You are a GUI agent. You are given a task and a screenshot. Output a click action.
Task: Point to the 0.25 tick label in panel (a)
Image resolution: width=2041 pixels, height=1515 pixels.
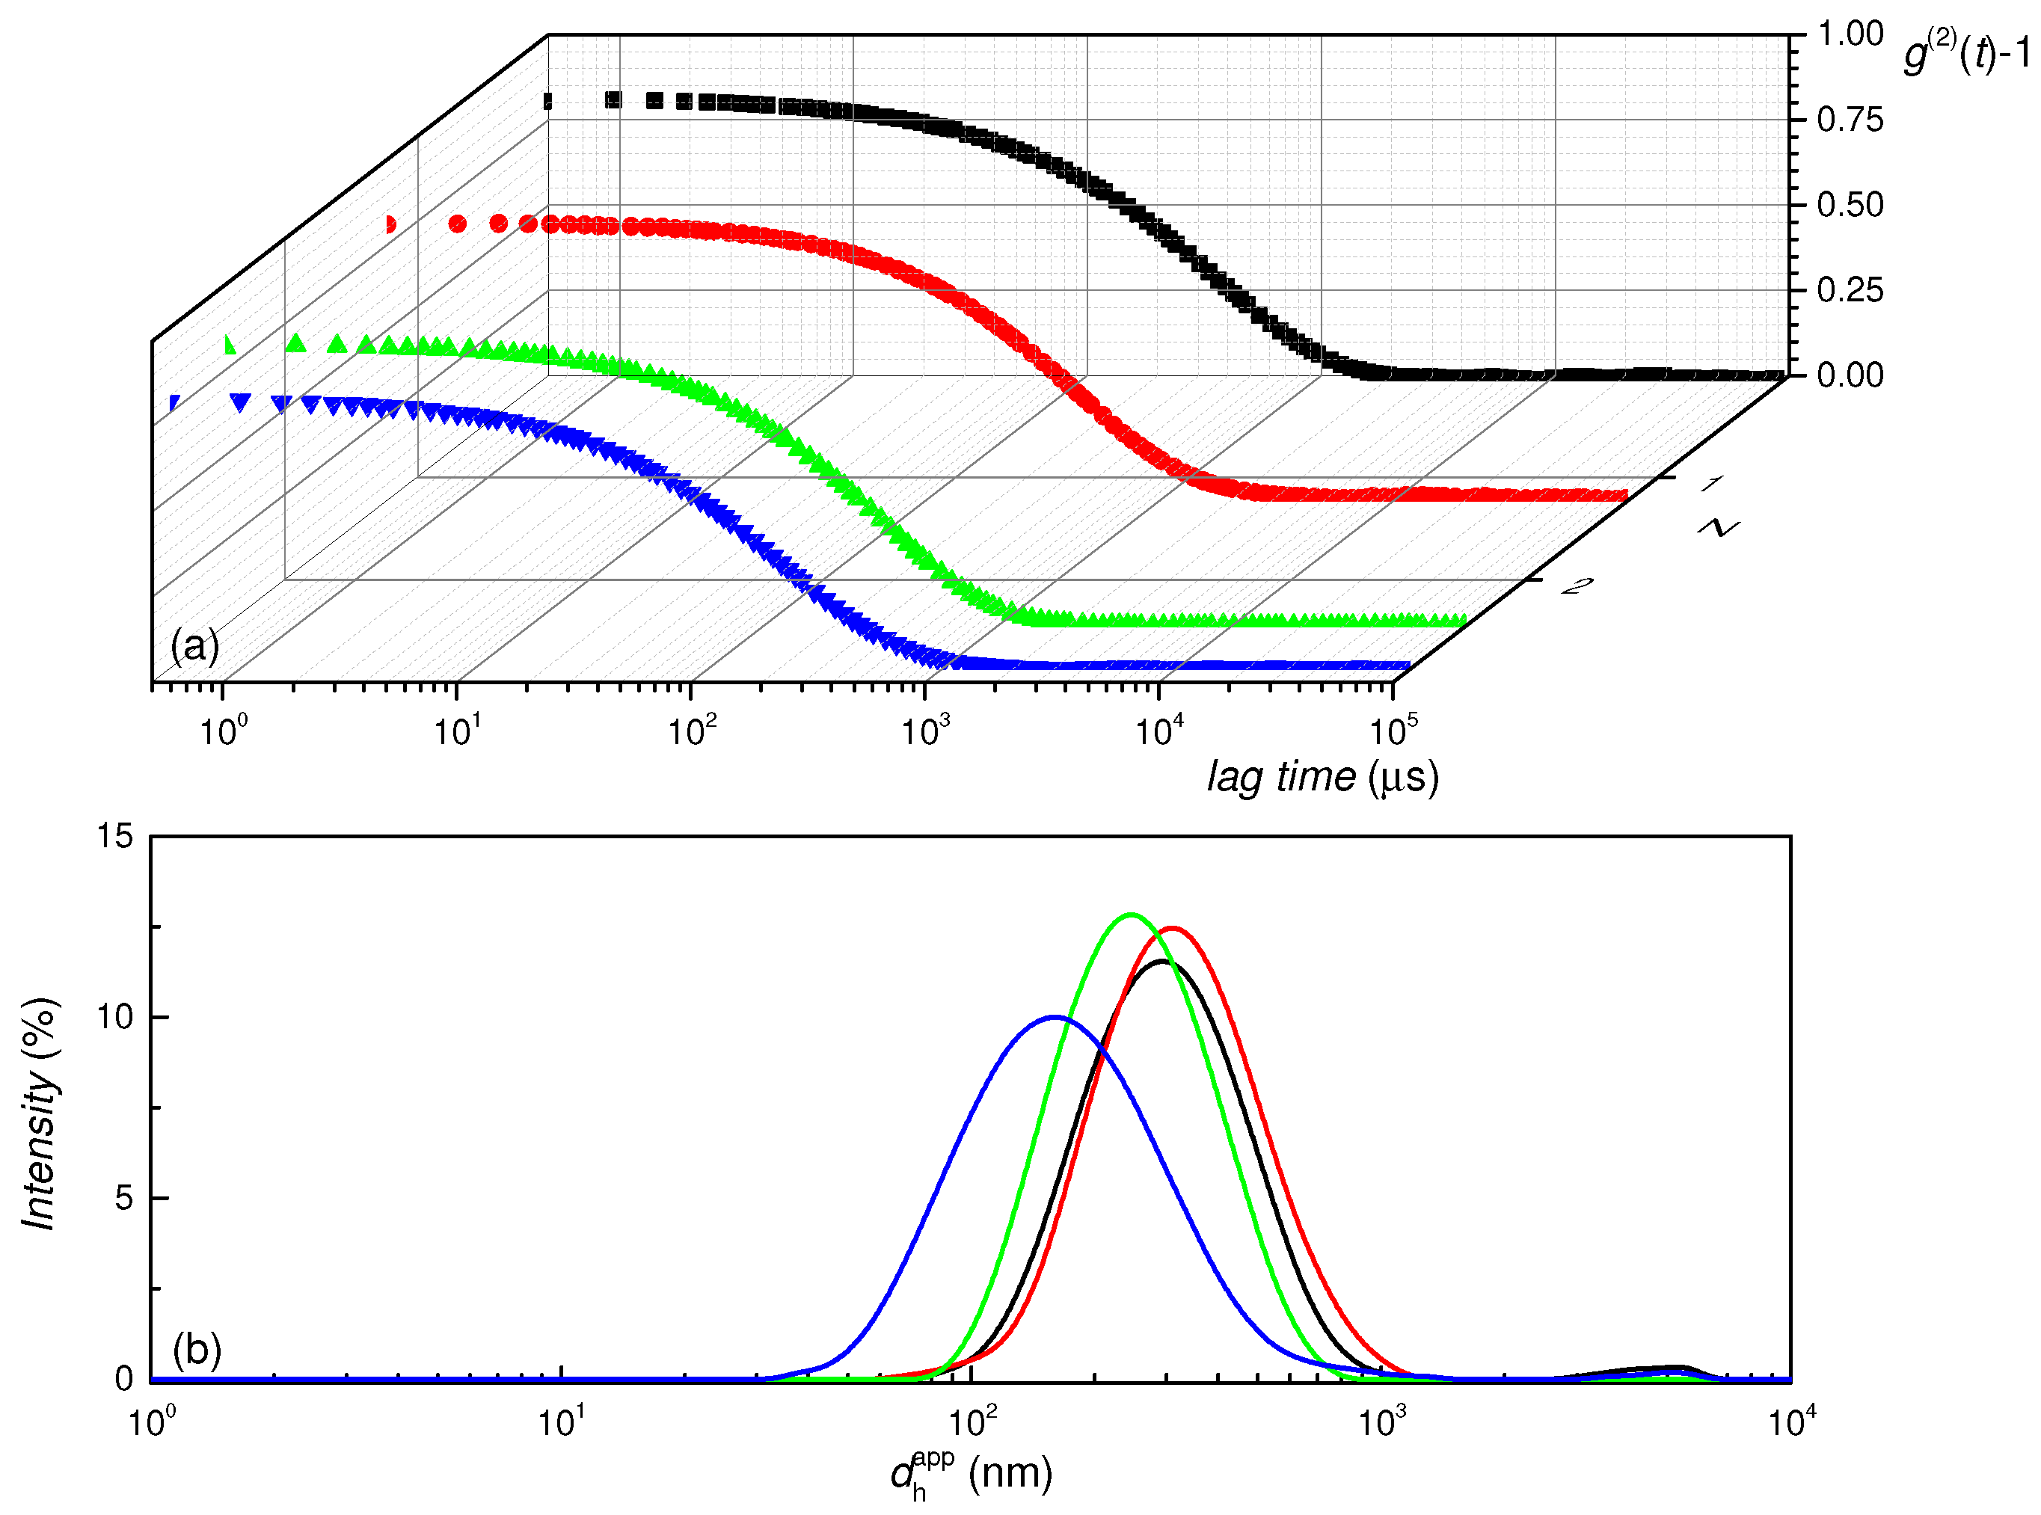[1850, 291]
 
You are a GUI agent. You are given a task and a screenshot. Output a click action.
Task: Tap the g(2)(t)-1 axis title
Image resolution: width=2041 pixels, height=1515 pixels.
[1965, 52]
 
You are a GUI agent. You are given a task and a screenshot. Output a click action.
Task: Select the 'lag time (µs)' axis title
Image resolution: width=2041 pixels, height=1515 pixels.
[1322, 778]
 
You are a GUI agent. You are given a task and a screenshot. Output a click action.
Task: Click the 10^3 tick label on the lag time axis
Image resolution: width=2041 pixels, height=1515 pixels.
[924, 731]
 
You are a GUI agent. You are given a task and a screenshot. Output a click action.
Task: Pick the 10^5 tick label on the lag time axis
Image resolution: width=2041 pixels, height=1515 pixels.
[1393, 731]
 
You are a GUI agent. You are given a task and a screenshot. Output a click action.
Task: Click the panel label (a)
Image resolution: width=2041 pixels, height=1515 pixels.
[194, 645]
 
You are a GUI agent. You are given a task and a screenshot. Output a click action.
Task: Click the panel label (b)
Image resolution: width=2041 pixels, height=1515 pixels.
[196, 1349]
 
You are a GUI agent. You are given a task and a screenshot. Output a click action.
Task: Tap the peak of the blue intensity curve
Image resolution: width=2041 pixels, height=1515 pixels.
[1056, 1017]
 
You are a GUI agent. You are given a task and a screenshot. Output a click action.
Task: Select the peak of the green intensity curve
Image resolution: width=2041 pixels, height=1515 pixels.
[1131, 915]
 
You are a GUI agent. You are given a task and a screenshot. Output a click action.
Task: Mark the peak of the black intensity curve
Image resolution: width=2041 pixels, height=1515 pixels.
[1162, 961]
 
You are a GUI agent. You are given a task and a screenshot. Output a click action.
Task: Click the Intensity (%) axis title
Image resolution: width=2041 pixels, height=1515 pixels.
[40, 1113]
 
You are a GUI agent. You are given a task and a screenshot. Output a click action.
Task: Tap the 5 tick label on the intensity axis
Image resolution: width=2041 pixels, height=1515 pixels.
[124, 1199]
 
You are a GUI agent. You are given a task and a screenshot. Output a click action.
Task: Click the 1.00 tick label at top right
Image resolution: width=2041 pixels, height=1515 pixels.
[1850, 35]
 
